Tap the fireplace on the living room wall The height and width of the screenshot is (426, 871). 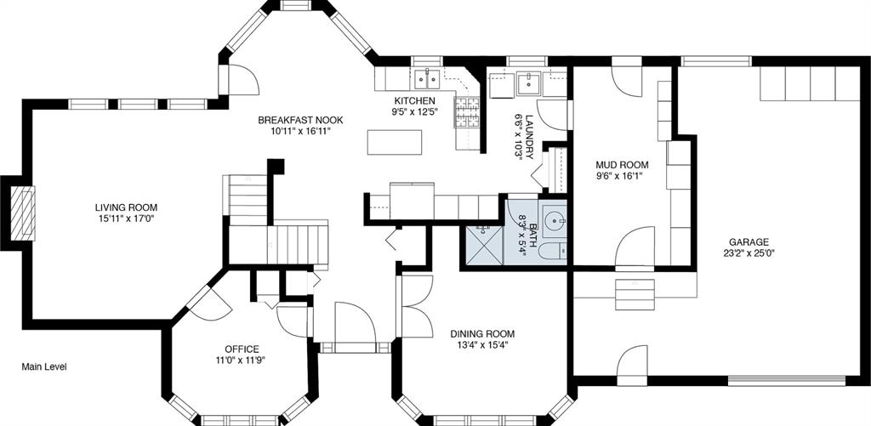[x=23, y=213]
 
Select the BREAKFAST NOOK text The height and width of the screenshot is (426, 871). [x=300, y=120]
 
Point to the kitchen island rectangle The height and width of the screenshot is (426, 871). [x=395, y=142]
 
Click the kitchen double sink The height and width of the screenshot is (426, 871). [x=426, y=79]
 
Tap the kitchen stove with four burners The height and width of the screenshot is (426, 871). [x=467, y=113]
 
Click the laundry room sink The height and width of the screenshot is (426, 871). [x=528, y=84]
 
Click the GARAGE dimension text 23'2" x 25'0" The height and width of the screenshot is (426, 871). [x=749, y=253]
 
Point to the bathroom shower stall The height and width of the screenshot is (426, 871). [x=481, y=244]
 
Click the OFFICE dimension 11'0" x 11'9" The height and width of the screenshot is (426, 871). [x=242, y=360]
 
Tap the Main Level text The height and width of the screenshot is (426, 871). [x=44, y=367]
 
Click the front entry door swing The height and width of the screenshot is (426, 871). [x=355, y=322]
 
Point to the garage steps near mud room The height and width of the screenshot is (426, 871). [x=635, y=294]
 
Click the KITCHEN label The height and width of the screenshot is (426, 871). [x=414, y=101]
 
